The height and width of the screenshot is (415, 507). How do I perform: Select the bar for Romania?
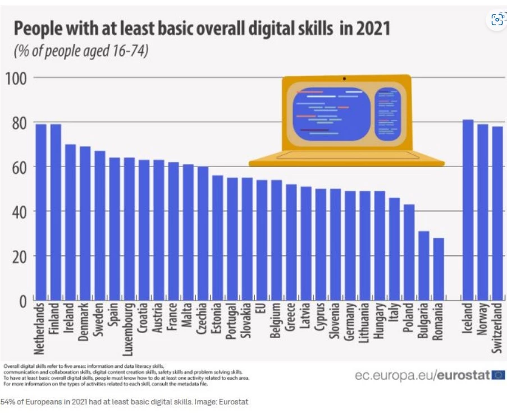[x=438, y=269]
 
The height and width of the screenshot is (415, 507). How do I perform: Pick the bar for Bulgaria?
[x=423, y=266]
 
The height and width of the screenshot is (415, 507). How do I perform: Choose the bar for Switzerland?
[x=497, y=213]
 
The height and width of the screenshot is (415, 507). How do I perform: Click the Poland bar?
[x=409, y=252]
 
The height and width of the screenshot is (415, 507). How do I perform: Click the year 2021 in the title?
[x=372, y=28]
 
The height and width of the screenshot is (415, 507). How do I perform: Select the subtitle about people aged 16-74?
[x=80, y=52]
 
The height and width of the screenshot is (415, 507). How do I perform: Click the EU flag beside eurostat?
[x=499, y=375]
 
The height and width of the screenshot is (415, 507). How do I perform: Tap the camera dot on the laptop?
[x=344, y=78]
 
